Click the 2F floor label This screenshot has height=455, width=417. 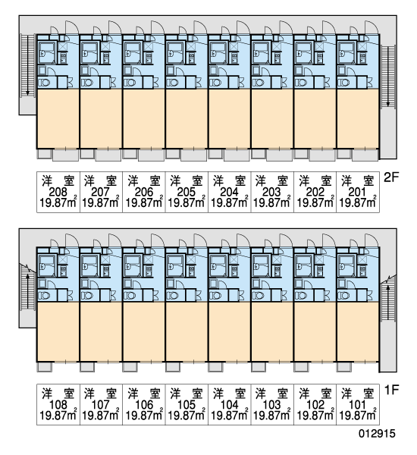(391, 177)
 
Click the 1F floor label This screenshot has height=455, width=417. (391, 390)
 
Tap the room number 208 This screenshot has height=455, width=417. (58, 192)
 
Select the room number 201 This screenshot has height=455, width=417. (357, 192)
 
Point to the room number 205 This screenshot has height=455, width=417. (186, 192)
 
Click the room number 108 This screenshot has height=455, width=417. (58, 404)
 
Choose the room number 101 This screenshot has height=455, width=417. (357, 404)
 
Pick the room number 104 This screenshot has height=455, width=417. (229, 404)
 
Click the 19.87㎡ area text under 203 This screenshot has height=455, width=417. (271, 202)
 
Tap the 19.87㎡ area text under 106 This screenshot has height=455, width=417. (143, 415)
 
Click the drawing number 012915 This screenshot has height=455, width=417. (377, 434)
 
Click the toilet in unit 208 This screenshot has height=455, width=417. (45, 83)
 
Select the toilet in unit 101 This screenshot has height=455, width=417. (344, 296)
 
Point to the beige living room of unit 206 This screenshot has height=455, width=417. (143, 118)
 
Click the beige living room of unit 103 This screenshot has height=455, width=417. (272, 331)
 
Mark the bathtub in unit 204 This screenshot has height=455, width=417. (217, 53)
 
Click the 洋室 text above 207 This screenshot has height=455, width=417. (100, 180)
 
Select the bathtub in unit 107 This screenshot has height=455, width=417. (89, 266)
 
